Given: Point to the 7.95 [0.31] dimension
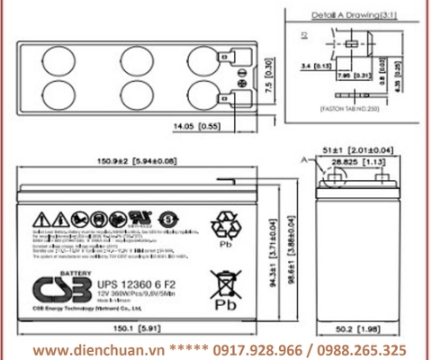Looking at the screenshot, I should point(352,76).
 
